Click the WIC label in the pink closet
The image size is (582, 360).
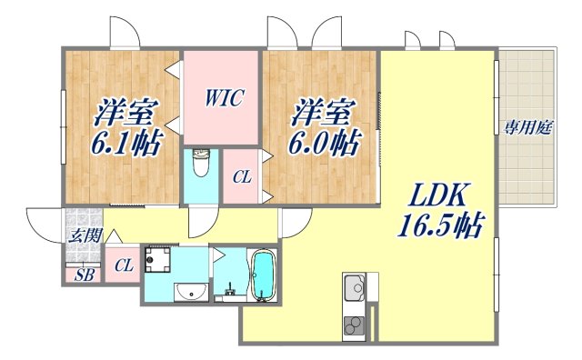(x=223, y=97)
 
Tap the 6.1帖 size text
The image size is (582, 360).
(x=125, y=143)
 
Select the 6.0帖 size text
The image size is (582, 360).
(x=325, y=143)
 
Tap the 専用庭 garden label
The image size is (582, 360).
(x=528, y=128)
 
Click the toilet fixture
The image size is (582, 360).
(x=202, y=164)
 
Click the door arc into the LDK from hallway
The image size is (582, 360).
(x=293, y=222)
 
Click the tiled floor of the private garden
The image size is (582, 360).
(x=527, y=173)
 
